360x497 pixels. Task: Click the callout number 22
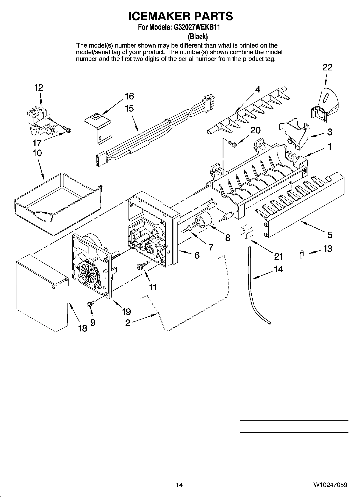pos(327,67)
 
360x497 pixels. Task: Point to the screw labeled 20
pos(231,144)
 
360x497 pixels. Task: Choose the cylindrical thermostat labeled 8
pos(203,220)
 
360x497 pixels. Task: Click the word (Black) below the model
pos(198,36)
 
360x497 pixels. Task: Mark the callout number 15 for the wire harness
pos(129,108)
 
